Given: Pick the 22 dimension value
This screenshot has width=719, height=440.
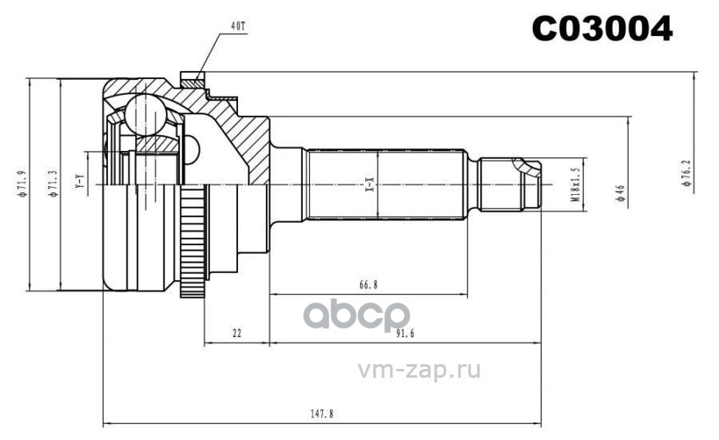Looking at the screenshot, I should coord(236,335).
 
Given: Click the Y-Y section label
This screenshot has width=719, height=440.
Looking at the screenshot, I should coord(78,182).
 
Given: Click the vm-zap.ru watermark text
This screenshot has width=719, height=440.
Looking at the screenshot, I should coord(423,371).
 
